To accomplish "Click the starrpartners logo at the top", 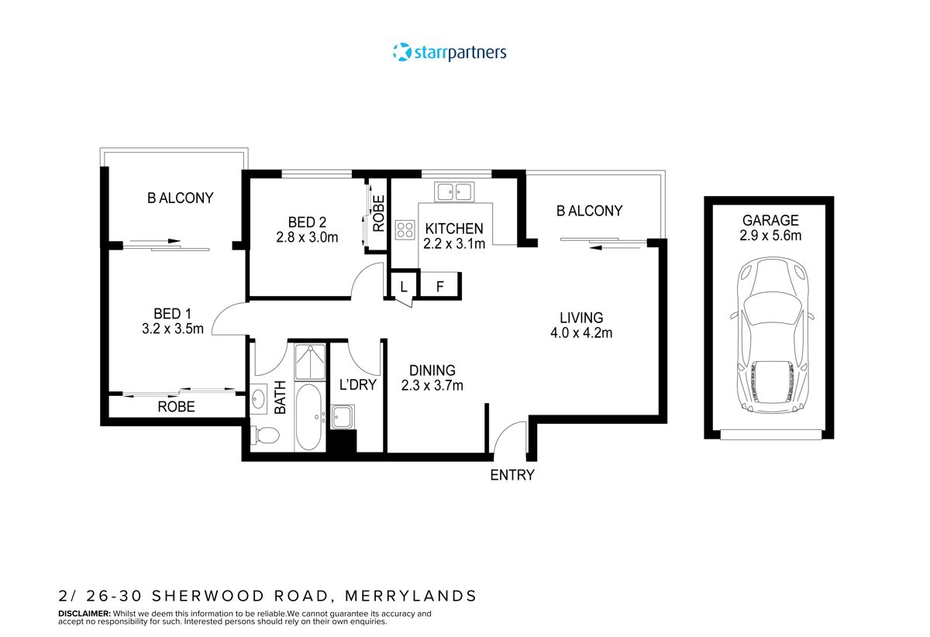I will coord(449,53).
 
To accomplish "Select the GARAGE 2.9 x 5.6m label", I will coord(770,227).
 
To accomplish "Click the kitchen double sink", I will coord(454,191).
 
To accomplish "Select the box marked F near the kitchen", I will coord(440,286).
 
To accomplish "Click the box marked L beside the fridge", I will coord(404,286).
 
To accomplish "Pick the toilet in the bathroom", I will coord(264,436).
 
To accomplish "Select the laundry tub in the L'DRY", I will coord(342,418).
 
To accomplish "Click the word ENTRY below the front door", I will coord(512,475).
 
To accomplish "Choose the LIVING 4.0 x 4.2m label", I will coord(581,325).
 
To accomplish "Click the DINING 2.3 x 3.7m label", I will coord(432,378).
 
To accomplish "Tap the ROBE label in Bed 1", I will coord(176,406).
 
